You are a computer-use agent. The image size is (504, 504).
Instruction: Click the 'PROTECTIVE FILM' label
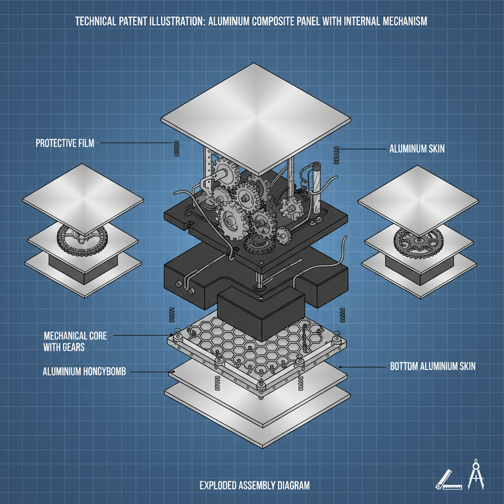click(64, 143)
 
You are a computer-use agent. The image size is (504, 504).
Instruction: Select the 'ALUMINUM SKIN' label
click(416, 148)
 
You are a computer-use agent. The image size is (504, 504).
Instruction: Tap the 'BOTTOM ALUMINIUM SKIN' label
click(433, 367)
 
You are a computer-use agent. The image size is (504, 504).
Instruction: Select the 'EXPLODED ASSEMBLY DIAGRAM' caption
click(254, 485)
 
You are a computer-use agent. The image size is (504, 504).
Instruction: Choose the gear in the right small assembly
click(418, 241)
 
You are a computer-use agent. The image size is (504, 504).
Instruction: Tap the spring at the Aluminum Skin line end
click(337, 153)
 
